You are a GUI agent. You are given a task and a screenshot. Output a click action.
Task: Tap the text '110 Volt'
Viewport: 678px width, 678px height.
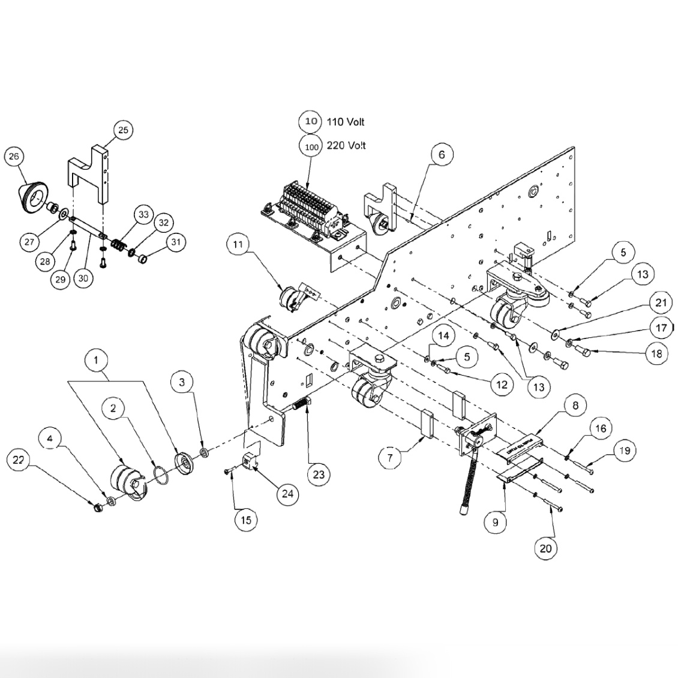click(x=345, y=122)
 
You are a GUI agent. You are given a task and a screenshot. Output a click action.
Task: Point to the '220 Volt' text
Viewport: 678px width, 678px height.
click(x=346, y=146)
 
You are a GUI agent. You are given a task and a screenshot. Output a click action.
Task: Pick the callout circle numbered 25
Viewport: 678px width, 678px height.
click(x=122, y=130)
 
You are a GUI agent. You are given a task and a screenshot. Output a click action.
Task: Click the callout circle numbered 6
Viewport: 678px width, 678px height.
click(x=442, y=154)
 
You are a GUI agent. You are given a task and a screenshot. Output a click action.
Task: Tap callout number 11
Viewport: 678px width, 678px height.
click(x=238, y=245)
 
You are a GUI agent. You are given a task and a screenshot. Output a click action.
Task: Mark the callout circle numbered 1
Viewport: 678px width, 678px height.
click(x=96, y=360)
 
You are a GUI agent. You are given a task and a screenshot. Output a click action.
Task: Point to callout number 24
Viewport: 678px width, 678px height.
click(x=288, y=494)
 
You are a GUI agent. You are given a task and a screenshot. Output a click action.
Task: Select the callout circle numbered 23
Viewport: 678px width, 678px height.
click(x=318, y=475)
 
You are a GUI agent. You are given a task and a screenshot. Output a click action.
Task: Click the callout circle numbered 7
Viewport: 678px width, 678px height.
click(x=389, y=458)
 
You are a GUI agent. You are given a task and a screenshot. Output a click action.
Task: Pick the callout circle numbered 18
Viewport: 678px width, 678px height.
click(x=656, y=353)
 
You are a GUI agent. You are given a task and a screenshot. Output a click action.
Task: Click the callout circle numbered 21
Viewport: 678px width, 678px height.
click(x=661, y=304)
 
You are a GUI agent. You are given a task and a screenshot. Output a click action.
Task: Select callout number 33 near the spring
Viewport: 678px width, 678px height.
click(x=143, y=215)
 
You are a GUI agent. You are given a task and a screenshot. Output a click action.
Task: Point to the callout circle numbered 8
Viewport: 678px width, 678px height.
click(x=575, y=406)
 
